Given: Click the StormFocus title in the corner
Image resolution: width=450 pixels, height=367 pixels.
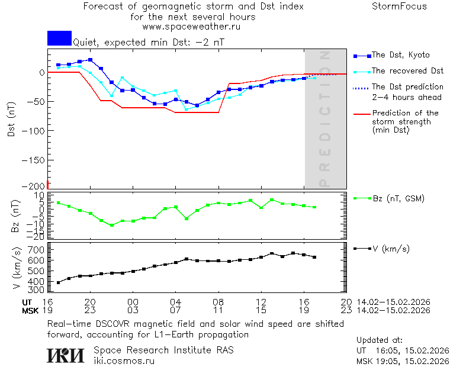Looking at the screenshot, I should [x=400, y=7].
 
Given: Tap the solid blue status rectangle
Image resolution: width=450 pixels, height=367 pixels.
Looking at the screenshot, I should [x=59, y=38].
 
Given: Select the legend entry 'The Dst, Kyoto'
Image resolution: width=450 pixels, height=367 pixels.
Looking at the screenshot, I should [x=400, y=55].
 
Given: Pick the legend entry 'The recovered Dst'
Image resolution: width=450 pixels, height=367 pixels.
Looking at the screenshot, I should [x=407, y=70].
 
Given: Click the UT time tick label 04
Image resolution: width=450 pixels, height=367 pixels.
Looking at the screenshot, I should [x=175, y=302].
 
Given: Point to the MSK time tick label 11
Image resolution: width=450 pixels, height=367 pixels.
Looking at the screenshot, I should [x=218, y=310].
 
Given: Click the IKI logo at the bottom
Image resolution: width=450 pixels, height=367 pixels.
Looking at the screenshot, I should [x=66, y=355].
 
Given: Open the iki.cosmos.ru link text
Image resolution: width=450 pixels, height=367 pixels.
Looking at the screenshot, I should [x=124, y=360].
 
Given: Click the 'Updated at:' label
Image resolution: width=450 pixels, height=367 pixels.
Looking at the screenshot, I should [x=379, y=340].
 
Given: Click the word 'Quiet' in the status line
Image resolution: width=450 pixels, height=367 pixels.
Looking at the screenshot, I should [x=85, y=43].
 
